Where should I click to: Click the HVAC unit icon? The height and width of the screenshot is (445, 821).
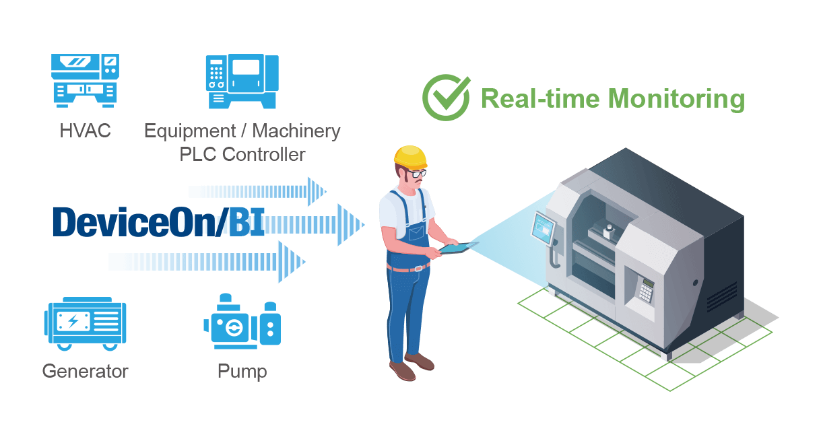tap(85, 81)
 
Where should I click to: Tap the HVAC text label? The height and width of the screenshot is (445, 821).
tap(85, 131)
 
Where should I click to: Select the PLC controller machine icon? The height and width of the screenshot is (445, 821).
tap(242, 81)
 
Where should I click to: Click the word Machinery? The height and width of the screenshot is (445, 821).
tap(296, 131)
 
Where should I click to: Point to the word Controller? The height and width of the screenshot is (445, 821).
tap(263, 154)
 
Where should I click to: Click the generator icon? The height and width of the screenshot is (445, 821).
tap(85, 324)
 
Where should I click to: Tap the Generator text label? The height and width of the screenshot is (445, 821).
tap(85, 371)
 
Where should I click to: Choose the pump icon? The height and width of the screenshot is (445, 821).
tap(242, 321)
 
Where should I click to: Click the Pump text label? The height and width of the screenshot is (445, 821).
tap(242, 372)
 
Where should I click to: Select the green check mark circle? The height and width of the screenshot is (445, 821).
tap(446, 98)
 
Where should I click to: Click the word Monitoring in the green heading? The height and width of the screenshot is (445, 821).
tap(676, 100)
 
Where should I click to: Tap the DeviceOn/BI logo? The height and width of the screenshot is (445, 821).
tap(159, 222)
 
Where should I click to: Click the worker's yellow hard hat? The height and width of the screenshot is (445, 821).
tap(411, 157)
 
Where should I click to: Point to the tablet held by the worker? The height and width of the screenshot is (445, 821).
tap(458, 248)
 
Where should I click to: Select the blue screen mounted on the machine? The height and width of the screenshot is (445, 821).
tap(543, 228)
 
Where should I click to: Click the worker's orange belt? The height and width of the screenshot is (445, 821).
tap(408, 268)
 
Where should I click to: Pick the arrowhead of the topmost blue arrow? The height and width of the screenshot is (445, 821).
tap(317, 192)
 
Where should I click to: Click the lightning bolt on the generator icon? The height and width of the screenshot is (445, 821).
tap(73, 321)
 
